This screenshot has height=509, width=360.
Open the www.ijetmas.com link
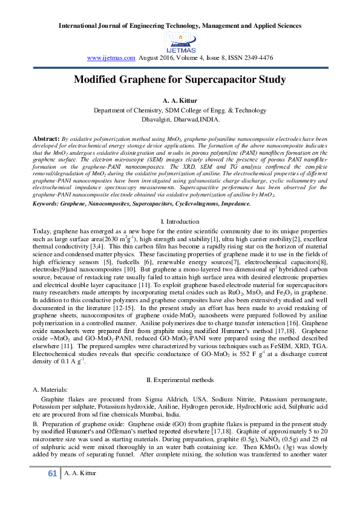111,57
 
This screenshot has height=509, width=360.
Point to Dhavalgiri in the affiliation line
151,120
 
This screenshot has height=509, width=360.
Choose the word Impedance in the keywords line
217,188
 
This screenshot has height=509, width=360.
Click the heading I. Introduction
180,206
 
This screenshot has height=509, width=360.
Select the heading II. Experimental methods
180,380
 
